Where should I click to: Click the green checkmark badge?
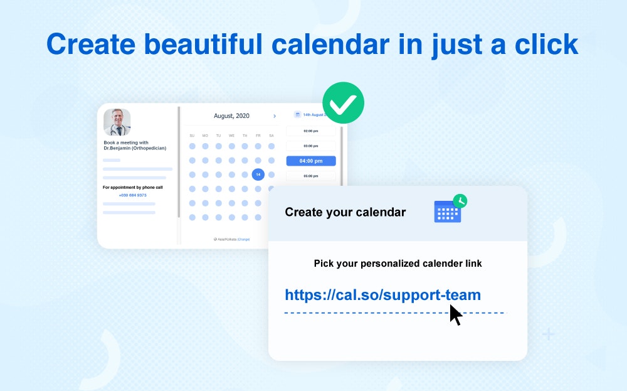point(343,103)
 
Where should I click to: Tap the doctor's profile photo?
point(117,122)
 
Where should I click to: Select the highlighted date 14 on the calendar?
point(258,174)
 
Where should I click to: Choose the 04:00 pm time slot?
point(311,161)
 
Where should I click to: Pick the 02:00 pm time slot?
point(311,131)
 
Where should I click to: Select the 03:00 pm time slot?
point(311,146)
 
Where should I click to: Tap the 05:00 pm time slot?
point(311,176)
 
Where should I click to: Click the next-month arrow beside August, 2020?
point(274,116)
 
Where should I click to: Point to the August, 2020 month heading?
point(231,116)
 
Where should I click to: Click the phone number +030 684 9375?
point(132,195)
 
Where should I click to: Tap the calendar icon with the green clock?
point(450,210)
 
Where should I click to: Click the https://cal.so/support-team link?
point(382,295)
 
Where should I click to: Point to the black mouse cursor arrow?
point(455,314)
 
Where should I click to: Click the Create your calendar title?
point(345,212)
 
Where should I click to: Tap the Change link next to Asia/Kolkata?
point(243,239)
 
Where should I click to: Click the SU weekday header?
point(192,136)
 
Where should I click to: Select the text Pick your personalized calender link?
point(398,264)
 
